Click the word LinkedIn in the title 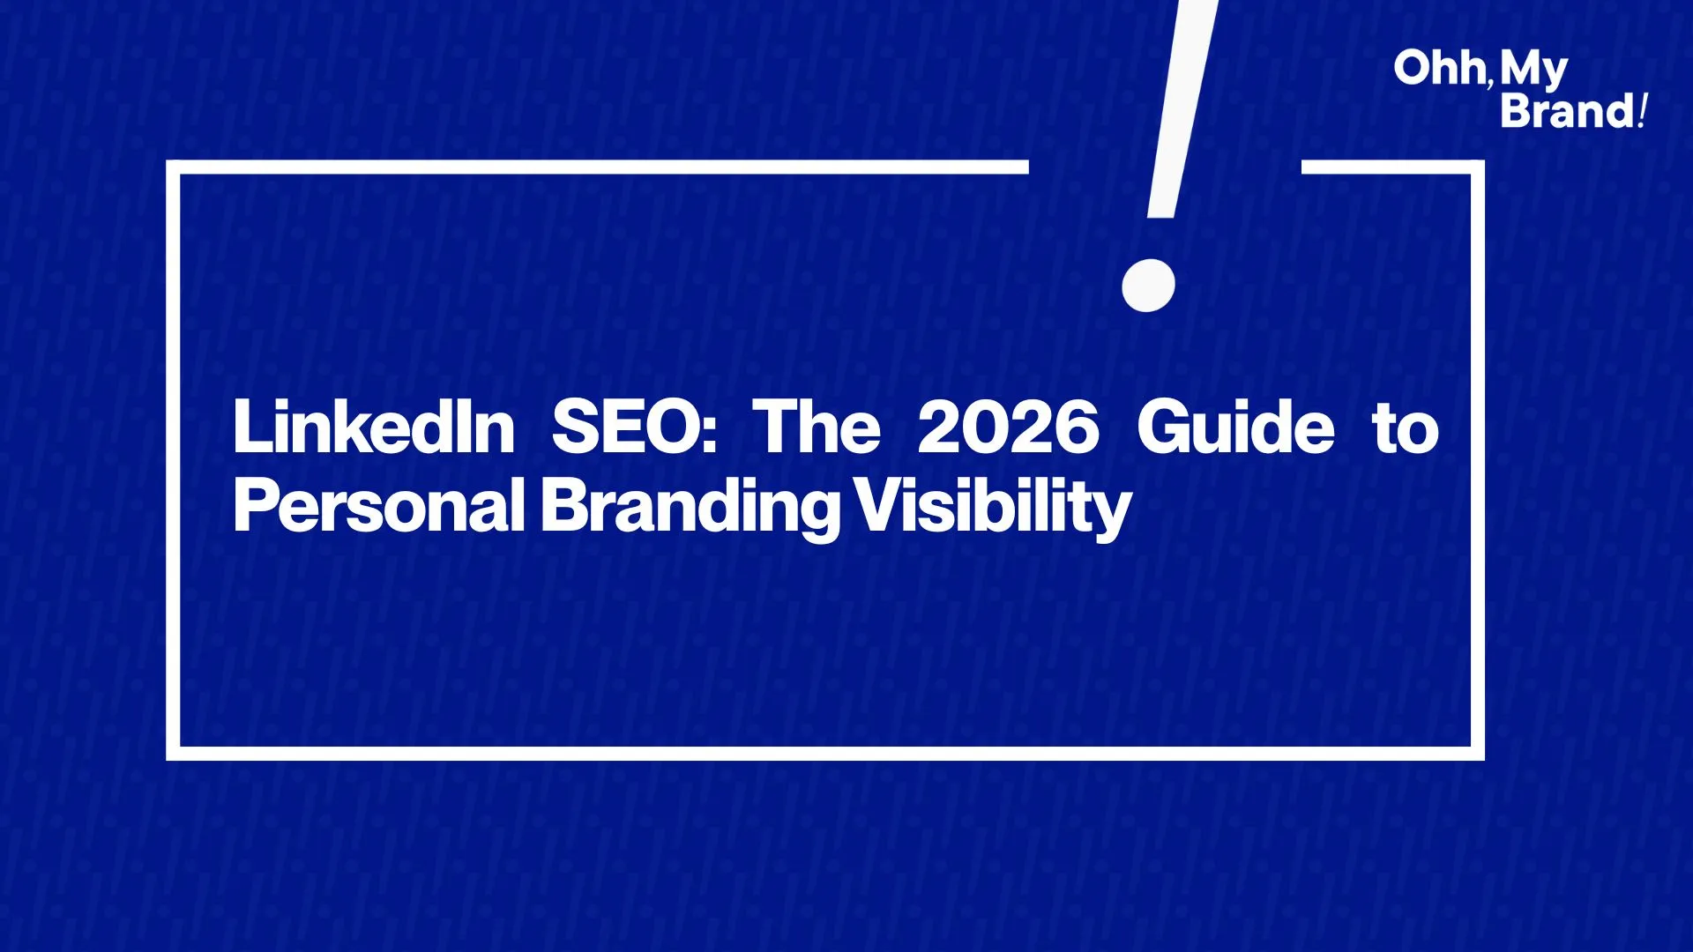tap(374, 428)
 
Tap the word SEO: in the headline tap(634, 428)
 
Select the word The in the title tap(817, 428)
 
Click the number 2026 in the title tap(1008, 428)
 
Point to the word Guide tap(1235, 428)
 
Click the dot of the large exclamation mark tap(1148, 285)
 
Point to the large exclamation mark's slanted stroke tap(1182, 108)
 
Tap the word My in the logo tap(1533, 71)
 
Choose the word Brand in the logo tap(1568, 111)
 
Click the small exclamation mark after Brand tap(1642, 111)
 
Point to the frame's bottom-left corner tap(173, 754)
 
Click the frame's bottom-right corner tap(1478, 754)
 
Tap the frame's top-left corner tap(173, 167)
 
